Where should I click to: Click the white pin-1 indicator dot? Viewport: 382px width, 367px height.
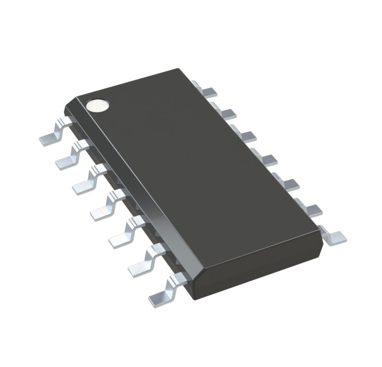coord(97,104)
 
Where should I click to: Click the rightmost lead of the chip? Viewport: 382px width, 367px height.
coord(334,236)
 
